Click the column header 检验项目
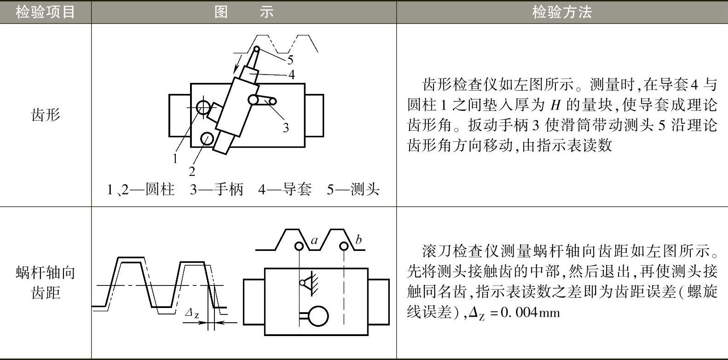pyautogui.click(x=45, y=12)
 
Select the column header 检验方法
pyautogui.click(x=561, y=12)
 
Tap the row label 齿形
pyautogui.click(x=46, y=115)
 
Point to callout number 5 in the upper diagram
pyautogui.click(x=290, y=60)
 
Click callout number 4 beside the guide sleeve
pyautogui.click(x=291, y=75)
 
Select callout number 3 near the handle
pyautogui.click(x=285, y=128)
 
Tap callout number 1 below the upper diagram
pyautogui.click(x=175, y=159)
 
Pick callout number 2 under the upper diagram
pyautogui.click(x=192, y=172)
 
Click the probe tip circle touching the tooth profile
pyautogui.click(x=257, y=49)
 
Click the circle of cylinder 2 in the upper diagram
pyautogui.click(x=207, y=138)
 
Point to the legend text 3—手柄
pyautogui.click(x=216, y=189)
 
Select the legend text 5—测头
pyautogui.click(x=353, y=189)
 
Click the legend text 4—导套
pyautogui.click(x=285, y=189)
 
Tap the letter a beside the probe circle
pyautogui.click(x=314, y=240)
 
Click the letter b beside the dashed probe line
pyautogui.click(x=358, y=239)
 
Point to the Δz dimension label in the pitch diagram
pyautogui.click(x=192, y=314)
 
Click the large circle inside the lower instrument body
pyautogui.click(x=318, y=316)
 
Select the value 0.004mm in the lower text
pyautogui.click(x=530, y=313)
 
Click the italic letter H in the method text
pyautogui.click(x=556, y=105)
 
